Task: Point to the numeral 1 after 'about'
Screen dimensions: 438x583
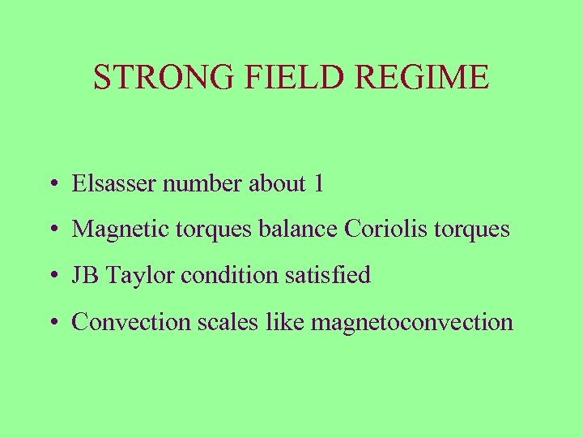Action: point(317,183)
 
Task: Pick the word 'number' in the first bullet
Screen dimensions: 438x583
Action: point(202,183)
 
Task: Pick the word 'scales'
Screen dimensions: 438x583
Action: point(223,322)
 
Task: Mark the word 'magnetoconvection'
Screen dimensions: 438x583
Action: point(412,323)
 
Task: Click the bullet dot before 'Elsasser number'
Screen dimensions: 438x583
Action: point(51,185)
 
